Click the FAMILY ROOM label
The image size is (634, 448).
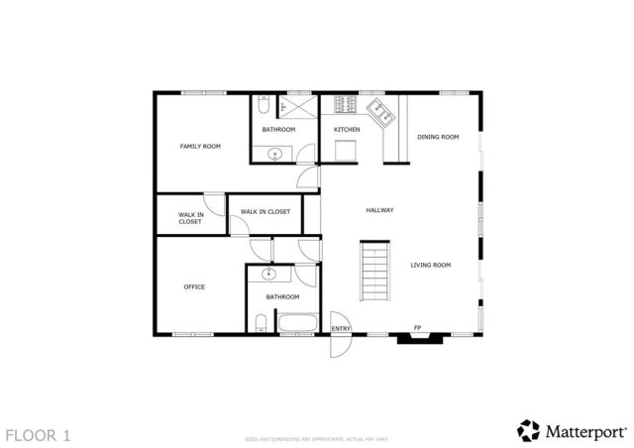coord(199,146)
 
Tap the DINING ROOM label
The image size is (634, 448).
coord(438,137)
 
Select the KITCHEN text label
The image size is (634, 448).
coord(347,130)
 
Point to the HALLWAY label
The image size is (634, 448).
coord(380,210)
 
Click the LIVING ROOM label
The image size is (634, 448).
coord(431,265)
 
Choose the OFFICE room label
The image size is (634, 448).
coord(194,286)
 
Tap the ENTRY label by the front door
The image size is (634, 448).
coord(341,328)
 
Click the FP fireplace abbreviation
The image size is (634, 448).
coord(417,328)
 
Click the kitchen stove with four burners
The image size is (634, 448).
coord(346,104)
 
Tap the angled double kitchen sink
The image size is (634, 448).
coord(380,110)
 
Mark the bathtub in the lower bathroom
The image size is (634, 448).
coord(296,322)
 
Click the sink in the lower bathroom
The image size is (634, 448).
coord(268,276)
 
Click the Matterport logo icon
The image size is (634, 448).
coord(527,430)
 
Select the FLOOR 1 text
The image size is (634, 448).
coord(38,434)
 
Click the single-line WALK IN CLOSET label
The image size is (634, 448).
coord(264,211)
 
